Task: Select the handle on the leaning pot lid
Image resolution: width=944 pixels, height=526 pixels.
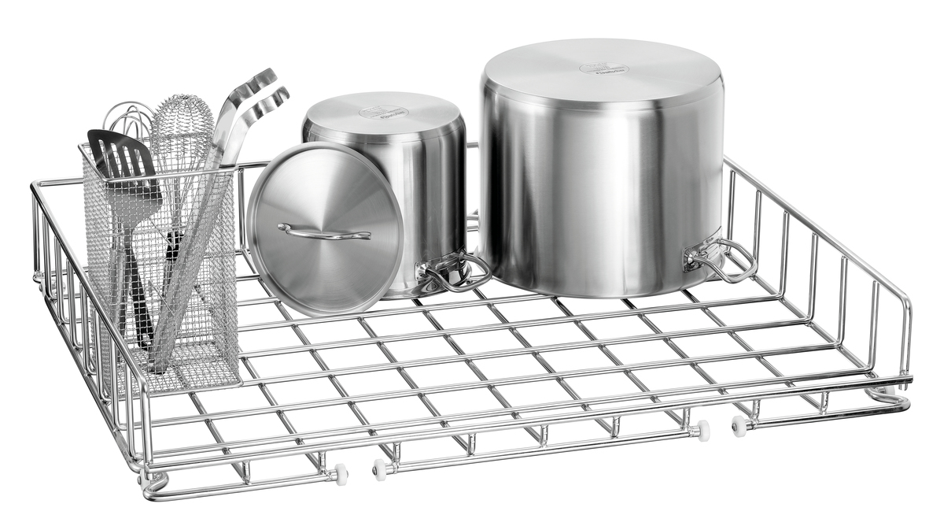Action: pos(323,232)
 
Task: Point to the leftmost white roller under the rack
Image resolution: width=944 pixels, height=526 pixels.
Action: pos(340,473)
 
